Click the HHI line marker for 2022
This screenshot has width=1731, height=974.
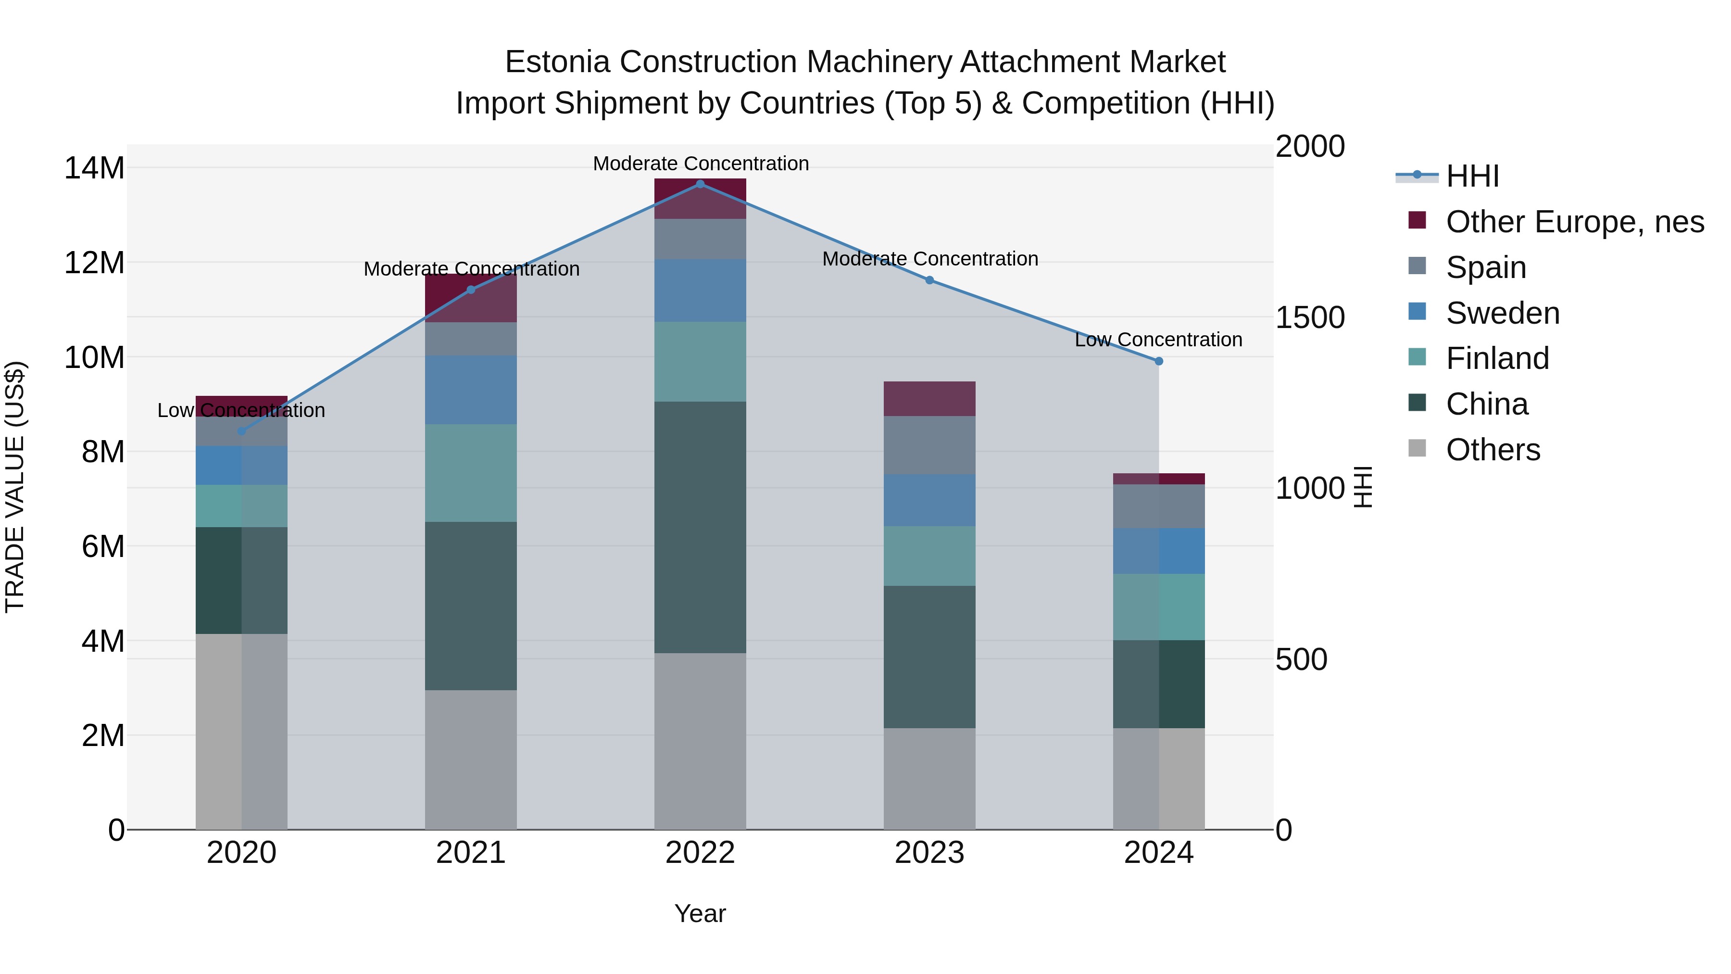pyautogui.click(x=700, y=184)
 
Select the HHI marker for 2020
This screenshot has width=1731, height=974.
pyautogui.click(x=242, y=431)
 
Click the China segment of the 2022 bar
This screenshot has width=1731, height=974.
pyautogui.click(x=700, y=528)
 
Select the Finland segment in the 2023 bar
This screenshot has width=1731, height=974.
pyautogui.click(x=929, y=556)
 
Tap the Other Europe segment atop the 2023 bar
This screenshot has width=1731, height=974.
pyautogui.click(x=929, y=399)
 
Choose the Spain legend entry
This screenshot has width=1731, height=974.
pyautogui.click(x=1485, y=267)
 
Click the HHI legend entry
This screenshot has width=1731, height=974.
pyautogui.click(x=1472, y=176)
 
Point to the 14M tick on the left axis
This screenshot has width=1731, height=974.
pyautogui.click(x=94, y=168)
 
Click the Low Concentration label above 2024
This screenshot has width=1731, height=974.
pyautogui.click(x=1158, y=340)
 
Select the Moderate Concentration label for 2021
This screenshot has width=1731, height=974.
pyautogui.click(x=471, y=269)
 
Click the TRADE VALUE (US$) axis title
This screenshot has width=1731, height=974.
pyautogui.click(x=15, y=487)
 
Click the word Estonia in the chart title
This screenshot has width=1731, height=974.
pyautogui.click(x=557, y=62)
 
